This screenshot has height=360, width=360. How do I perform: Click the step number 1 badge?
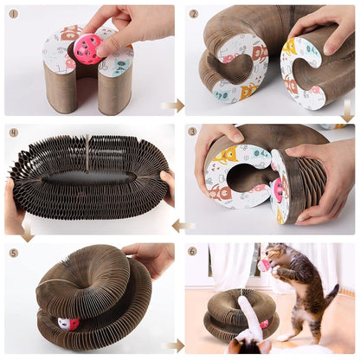pyautogui.click(x=13, y=13)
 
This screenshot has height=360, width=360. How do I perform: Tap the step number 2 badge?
pyautogui.click(x=193, y=14)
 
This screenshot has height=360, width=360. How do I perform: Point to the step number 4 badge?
pyautogui.click(x=13, y=132)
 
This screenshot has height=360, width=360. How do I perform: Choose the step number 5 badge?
pyautogui.click(x=13, y=253)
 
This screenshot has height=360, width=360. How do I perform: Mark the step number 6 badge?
pyautogui.click(x=193, y=252)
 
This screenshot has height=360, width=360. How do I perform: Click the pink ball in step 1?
pyautogui.click(x=87, y=49)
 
